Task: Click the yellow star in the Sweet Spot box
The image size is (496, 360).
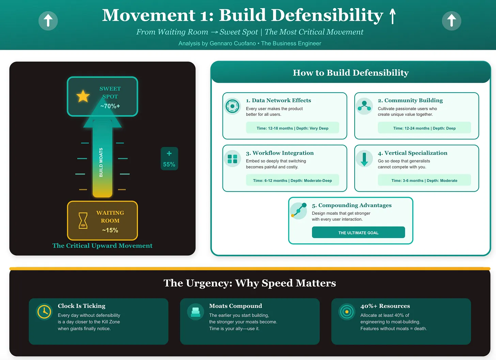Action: [x=83, y=96]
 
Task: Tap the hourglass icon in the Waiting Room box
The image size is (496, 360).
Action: [x=83, y=220]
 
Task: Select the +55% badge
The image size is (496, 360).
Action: [x=169, y=159]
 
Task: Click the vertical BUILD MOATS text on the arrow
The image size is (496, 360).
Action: [x=101, y=162]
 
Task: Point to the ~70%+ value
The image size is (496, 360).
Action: [x=110, y=106]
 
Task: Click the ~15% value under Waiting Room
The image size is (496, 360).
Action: [x=110, y=230]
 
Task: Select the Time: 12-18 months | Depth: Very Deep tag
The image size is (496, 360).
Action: [x=292, y=128]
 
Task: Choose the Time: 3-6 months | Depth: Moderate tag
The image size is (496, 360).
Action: [x=424, y=181]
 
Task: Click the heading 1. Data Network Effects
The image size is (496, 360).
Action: [x=278, y=100]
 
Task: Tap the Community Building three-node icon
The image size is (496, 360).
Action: [x=365, y=106]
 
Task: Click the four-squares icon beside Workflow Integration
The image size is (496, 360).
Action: [x=232, y=159]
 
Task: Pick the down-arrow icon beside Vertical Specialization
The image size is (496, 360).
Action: [x=364, y=159]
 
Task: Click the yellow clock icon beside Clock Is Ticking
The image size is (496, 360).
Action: [x=44, y=312]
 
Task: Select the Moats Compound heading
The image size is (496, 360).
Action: [x=235, y=306]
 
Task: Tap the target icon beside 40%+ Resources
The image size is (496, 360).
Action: [x=347, y=312]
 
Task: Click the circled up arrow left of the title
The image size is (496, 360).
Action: [x=48, y=20]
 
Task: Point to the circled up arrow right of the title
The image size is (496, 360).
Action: [x=451, y=20]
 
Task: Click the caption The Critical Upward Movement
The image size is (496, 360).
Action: [x=102, y=246]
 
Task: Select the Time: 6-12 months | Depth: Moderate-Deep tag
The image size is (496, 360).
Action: [x=292, y=181]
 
